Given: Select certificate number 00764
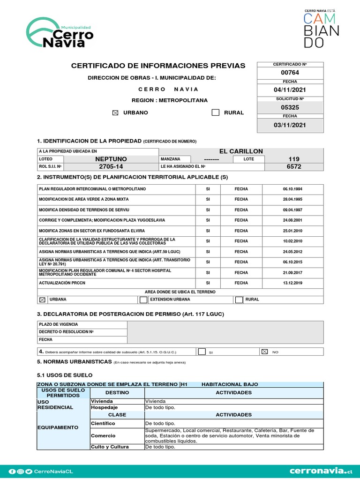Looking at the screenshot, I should (x=290, y=73).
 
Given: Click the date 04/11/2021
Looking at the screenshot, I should (x=290, y=90).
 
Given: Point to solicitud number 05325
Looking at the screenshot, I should (x=290, y=107).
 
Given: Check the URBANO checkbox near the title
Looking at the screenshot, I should (x=116, y=113).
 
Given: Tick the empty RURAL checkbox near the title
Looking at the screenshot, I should (x=215, y=112).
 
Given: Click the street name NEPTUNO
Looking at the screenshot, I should (x=111, y=159).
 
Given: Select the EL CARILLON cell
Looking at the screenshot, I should (x=241, y=151).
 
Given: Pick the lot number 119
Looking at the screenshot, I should (x=294, y=159).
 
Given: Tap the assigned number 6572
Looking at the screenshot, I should (x=294, y=166).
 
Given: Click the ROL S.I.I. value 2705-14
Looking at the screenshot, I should (x=111, y=166).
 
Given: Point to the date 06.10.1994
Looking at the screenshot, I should (x=292, y=189).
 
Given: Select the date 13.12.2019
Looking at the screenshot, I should (x=292, y=283).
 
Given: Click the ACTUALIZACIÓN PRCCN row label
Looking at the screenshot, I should (x=62, y=283).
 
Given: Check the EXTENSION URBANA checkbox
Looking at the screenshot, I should (x=143, y=300).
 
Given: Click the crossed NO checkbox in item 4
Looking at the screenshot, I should (x=264, y=351).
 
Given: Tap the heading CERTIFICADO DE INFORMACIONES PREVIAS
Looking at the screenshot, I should (x=158, y=66).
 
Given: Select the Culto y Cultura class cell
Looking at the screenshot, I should (x=109, y=447).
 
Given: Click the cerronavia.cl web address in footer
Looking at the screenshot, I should (x=321, y=471).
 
